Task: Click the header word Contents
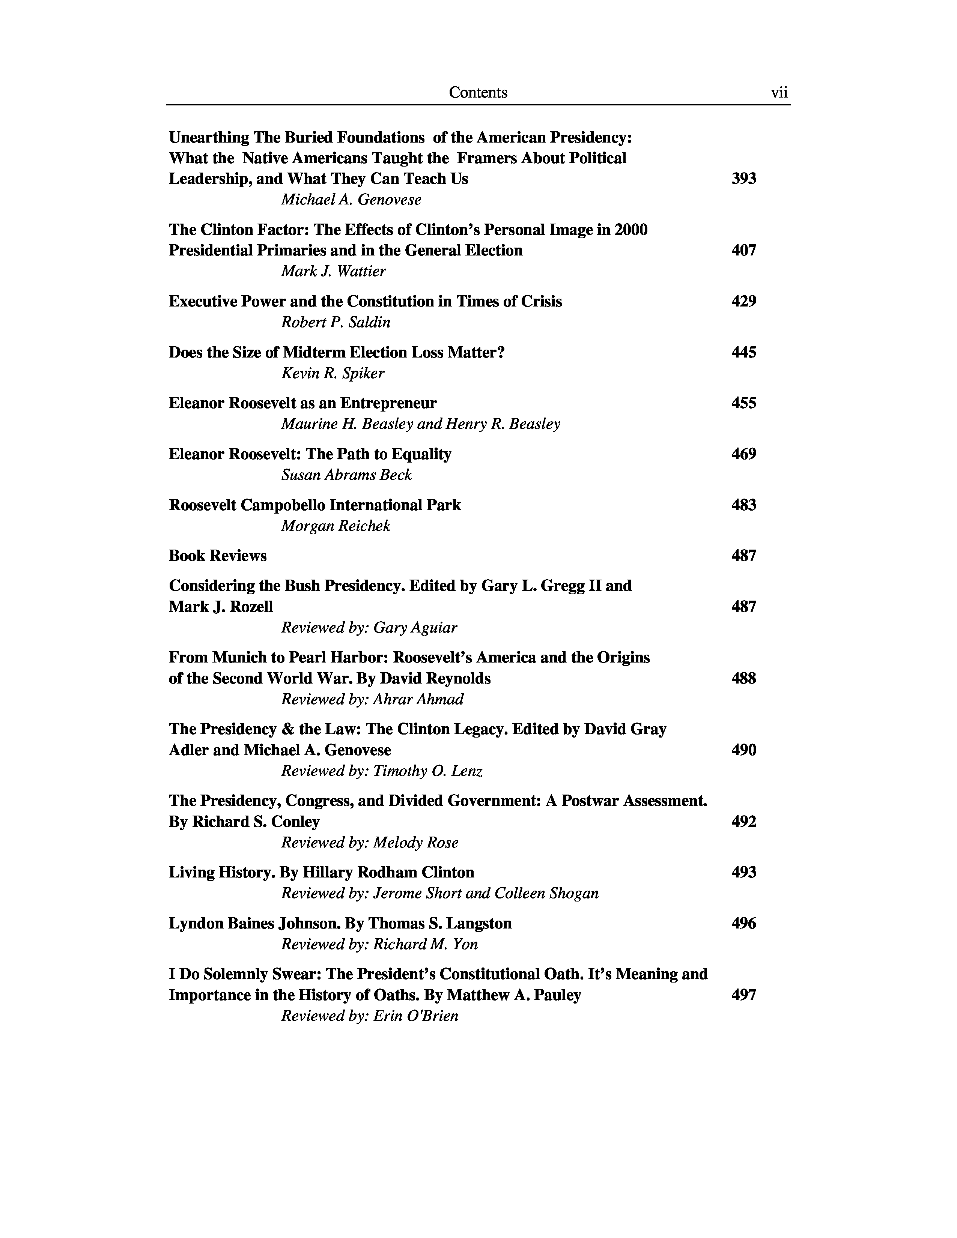(x=478, y=92)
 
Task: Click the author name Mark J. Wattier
(x=333, y=272)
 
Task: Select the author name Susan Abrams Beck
(x=346, y=475)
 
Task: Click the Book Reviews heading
(x=218, y=556)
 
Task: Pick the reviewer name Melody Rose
(x=415, y=843)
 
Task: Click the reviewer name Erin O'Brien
(x=415, y=1016)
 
